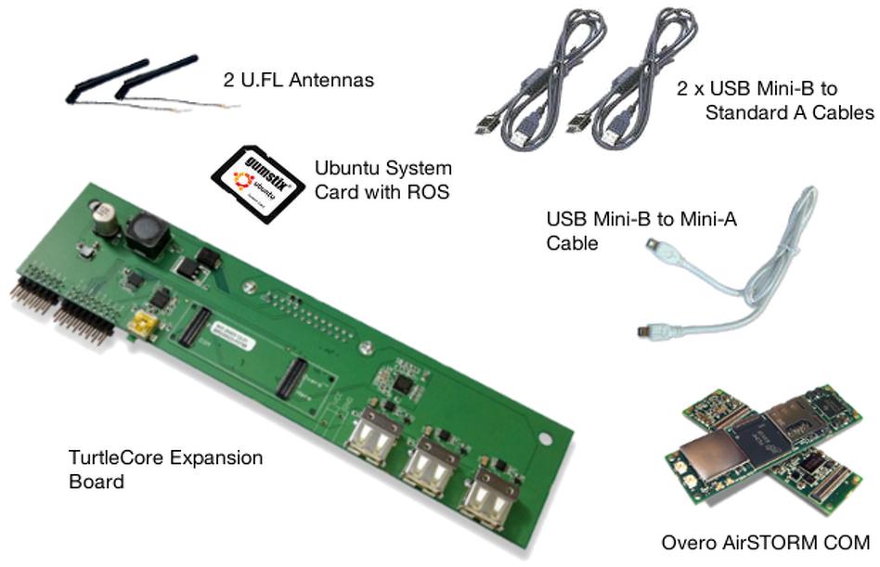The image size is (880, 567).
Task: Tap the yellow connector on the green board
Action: click(x=143, y=324)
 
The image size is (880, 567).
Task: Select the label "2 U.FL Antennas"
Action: click(x=298, y=81)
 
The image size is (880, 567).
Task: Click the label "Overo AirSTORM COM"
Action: click(x=766, y=541)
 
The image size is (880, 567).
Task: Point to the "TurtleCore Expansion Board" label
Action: click(x=165, y=470)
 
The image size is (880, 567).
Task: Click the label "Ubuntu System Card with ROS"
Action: click(x=383, y=181)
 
